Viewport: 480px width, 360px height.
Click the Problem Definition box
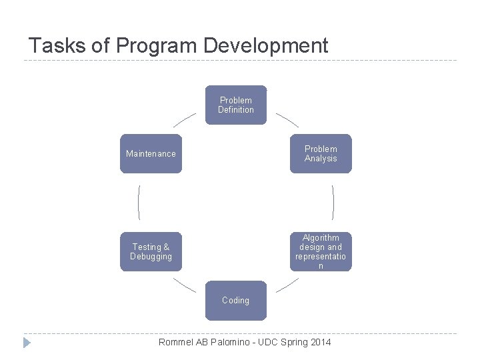coord(235,105)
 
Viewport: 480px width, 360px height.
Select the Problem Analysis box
coord(320,154)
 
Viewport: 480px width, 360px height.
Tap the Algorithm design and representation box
coord(320,251)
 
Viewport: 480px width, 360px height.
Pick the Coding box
coord(235,300)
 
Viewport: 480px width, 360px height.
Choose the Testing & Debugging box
coord(151,251)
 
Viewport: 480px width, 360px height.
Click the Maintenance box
coord(151,154)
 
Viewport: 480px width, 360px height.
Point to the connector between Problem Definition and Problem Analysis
coord(287,119)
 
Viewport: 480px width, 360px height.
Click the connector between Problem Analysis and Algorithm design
coord(333,203)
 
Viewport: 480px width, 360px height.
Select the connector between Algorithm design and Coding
coord(287,285)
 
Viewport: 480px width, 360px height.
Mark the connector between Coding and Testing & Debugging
coord(185,285)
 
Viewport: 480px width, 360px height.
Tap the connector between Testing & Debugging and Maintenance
coord(139,203)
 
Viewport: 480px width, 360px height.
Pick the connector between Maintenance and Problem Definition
coord(185,119)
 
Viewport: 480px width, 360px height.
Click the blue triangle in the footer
coord(27,343)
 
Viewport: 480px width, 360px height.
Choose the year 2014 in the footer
coord(319,342)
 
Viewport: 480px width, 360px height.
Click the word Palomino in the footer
coord(233,342)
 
